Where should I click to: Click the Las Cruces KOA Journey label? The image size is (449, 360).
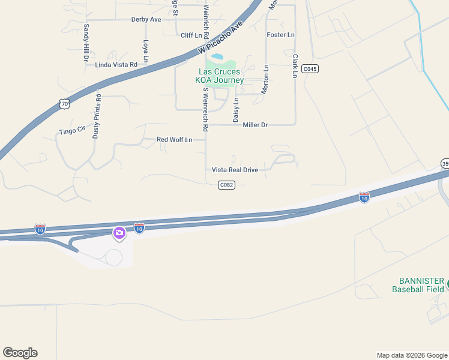point(221,76)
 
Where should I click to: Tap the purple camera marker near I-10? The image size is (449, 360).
point(119,233)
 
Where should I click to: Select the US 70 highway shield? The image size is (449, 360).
point(65,104)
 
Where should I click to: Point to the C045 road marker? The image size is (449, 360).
point(310,69)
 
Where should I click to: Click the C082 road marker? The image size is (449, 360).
point(226,185)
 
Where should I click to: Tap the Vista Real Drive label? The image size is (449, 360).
point(235,170)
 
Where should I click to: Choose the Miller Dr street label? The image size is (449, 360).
point(255,125)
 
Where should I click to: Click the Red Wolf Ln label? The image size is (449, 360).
point(174,140)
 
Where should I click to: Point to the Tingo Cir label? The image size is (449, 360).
point(73,130)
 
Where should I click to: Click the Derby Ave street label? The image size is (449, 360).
point(146,20)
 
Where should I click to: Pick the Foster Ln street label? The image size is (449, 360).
point(281,35)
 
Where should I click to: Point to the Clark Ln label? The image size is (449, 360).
point(295,66)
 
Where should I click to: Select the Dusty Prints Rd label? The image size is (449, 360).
point(96,116)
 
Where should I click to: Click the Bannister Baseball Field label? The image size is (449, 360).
point(418,285)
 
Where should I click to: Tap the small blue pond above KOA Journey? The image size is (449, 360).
point(217,57)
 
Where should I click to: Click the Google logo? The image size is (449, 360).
point(20,353)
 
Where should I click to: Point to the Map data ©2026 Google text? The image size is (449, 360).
point(411,355)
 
